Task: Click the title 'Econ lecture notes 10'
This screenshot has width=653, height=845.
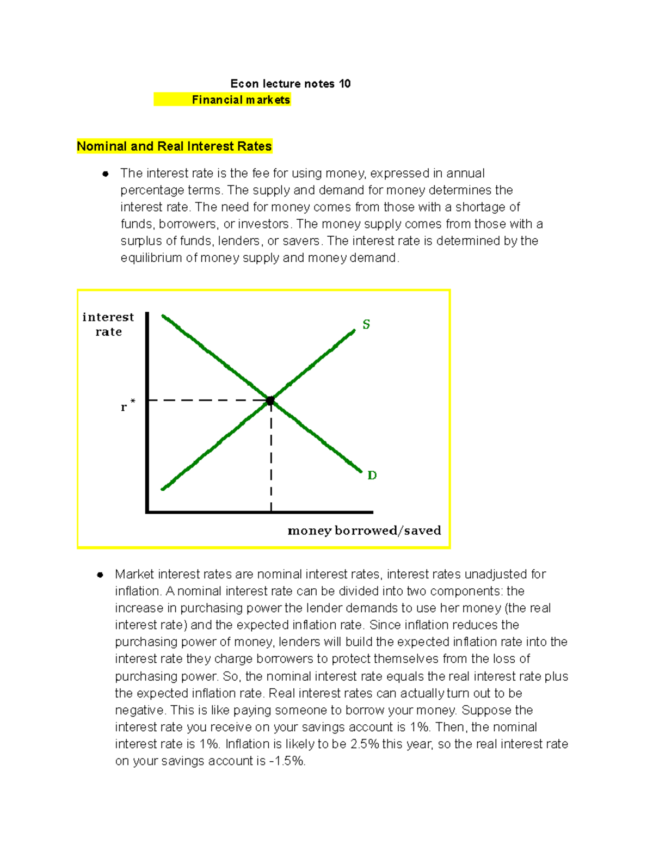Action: pos(290,84)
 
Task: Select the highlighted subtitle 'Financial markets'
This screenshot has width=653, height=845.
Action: pos(241,100)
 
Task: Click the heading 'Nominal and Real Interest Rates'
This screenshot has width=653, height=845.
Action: pos(174,146)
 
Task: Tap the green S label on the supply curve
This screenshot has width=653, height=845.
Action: pos(366,325)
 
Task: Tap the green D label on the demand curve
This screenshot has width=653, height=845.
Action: pos(372,476)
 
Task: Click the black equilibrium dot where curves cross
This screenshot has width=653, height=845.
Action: pos(270,401)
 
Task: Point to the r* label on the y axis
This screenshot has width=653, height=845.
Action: pos(127,406)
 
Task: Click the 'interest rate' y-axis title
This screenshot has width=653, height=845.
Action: pos(108,324)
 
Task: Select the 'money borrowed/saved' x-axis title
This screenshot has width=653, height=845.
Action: pos(364,531)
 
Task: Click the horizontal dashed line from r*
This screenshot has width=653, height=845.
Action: pos(207,400)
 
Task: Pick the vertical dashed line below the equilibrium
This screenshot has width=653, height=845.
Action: pos(271,457)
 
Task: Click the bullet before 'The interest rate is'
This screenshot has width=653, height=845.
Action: pos(106,174)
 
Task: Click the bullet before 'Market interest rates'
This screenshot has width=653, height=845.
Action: pos(100,575)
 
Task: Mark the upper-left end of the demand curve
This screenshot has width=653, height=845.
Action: pos(163,316)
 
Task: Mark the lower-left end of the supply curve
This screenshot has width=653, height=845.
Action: pos(163,489)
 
